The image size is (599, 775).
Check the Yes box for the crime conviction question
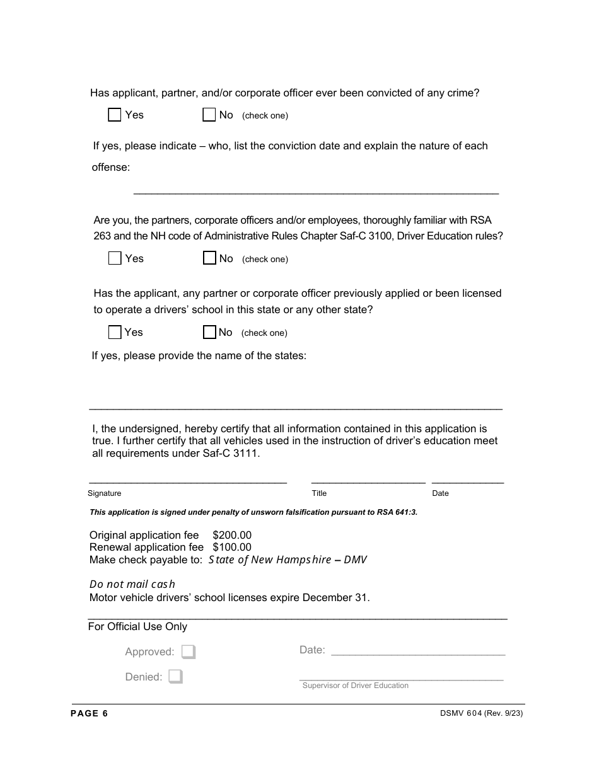point(114,115)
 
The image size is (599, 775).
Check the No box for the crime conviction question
point(209,115)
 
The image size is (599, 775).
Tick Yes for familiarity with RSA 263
point(115,258)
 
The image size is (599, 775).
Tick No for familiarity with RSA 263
point(209,258)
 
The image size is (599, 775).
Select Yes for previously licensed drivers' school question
point(115,332)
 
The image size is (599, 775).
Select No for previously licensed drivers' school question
point(209,332)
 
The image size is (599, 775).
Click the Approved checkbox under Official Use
point(189,652)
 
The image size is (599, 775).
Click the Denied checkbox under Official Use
point(176,677)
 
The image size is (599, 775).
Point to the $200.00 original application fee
point(232,536)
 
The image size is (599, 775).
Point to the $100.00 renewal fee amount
point(232,548)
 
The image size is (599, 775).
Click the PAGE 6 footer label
point(90,713)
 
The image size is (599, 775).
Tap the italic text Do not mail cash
point(132,584)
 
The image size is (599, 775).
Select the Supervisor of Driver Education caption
point(355,686)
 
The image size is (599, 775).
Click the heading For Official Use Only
point(137,626)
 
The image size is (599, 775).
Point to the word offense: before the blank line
point(111,168)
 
